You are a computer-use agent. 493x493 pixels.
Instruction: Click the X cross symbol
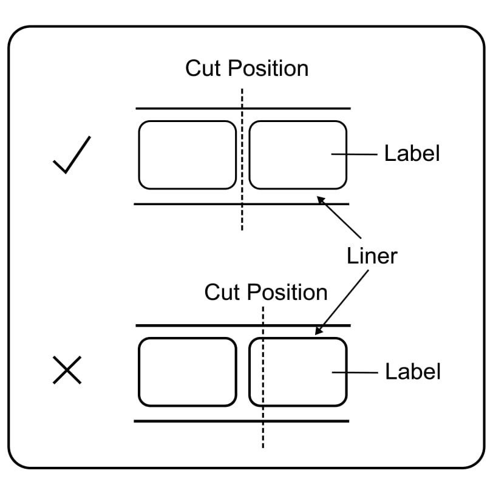point(67,370)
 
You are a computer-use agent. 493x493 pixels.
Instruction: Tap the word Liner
point(372,256)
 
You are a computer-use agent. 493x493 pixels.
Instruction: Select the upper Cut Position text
point(246,68)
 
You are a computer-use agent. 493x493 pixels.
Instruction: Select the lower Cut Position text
point(265,292)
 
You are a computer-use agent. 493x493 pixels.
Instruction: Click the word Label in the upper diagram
point(412,154)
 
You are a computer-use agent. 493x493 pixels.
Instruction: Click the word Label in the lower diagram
point(413,371)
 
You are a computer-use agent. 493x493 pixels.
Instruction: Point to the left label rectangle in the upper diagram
point(187,155)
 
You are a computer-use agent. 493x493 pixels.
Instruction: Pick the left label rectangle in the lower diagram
point(187,372)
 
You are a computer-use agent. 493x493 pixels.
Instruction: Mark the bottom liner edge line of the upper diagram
point(182,204)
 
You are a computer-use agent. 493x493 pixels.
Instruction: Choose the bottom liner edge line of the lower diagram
point(182,421)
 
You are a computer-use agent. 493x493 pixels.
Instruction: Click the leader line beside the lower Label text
point(355,372)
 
